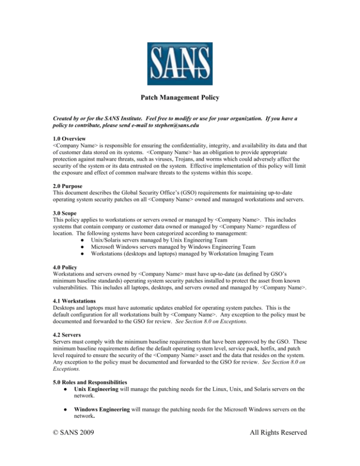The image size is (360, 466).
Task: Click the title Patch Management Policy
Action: (180, 99)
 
